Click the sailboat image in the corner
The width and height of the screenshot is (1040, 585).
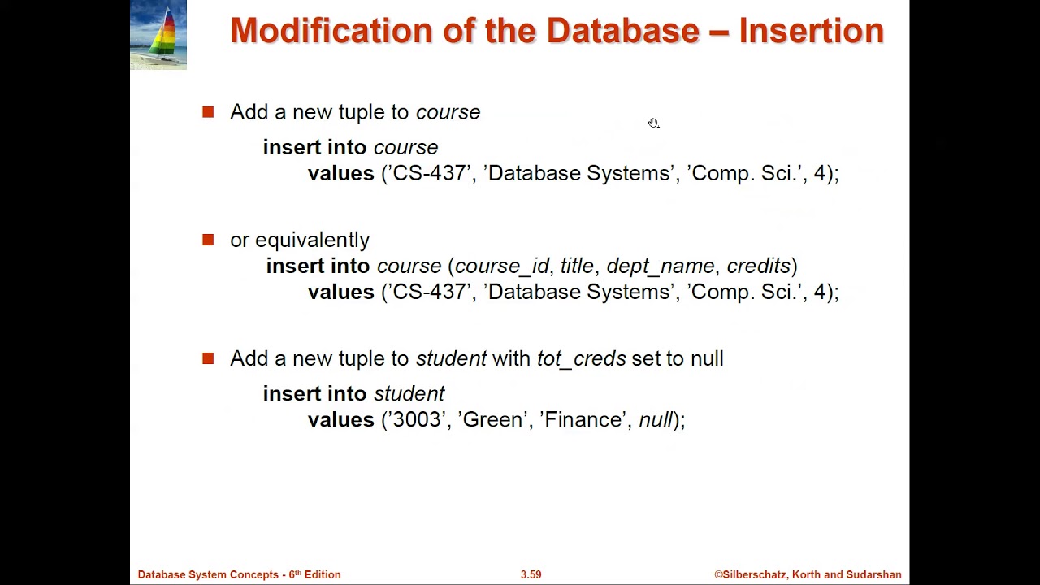click(158, 35)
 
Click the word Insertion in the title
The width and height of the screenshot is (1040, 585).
click(811, 31)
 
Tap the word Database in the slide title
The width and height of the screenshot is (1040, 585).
click(622, 31)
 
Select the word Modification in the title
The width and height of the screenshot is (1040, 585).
click(331, 31)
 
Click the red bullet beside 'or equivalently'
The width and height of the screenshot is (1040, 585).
click(208, 240)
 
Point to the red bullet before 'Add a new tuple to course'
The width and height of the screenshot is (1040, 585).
click(208, 112)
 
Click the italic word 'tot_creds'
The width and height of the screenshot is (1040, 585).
click(581, 358)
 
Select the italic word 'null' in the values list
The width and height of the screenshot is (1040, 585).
click(656, 419)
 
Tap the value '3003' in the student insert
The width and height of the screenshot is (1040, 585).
click(417, 419)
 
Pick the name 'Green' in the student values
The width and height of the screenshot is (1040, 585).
click(492, 419)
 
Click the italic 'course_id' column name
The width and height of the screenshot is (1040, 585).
click(501, 266)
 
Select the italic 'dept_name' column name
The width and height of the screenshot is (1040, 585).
click(660, 266)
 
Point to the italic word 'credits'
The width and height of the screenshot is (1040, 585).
click(759, 266)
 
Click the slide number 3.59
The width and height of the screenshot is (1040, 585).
click(531, 574)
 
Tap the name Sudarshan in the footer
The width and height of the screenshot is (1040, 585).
click(873, 574)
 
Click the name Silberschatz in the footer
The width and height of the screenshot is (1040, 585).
click(755, 574)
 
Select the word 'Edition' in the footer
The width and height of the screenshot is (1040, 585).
click(323, 574)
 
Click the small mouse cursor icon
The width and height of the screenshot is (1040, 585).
click(653, 123)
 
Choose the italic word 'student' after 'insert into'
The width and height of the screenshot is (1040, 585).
click(409, 393)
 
